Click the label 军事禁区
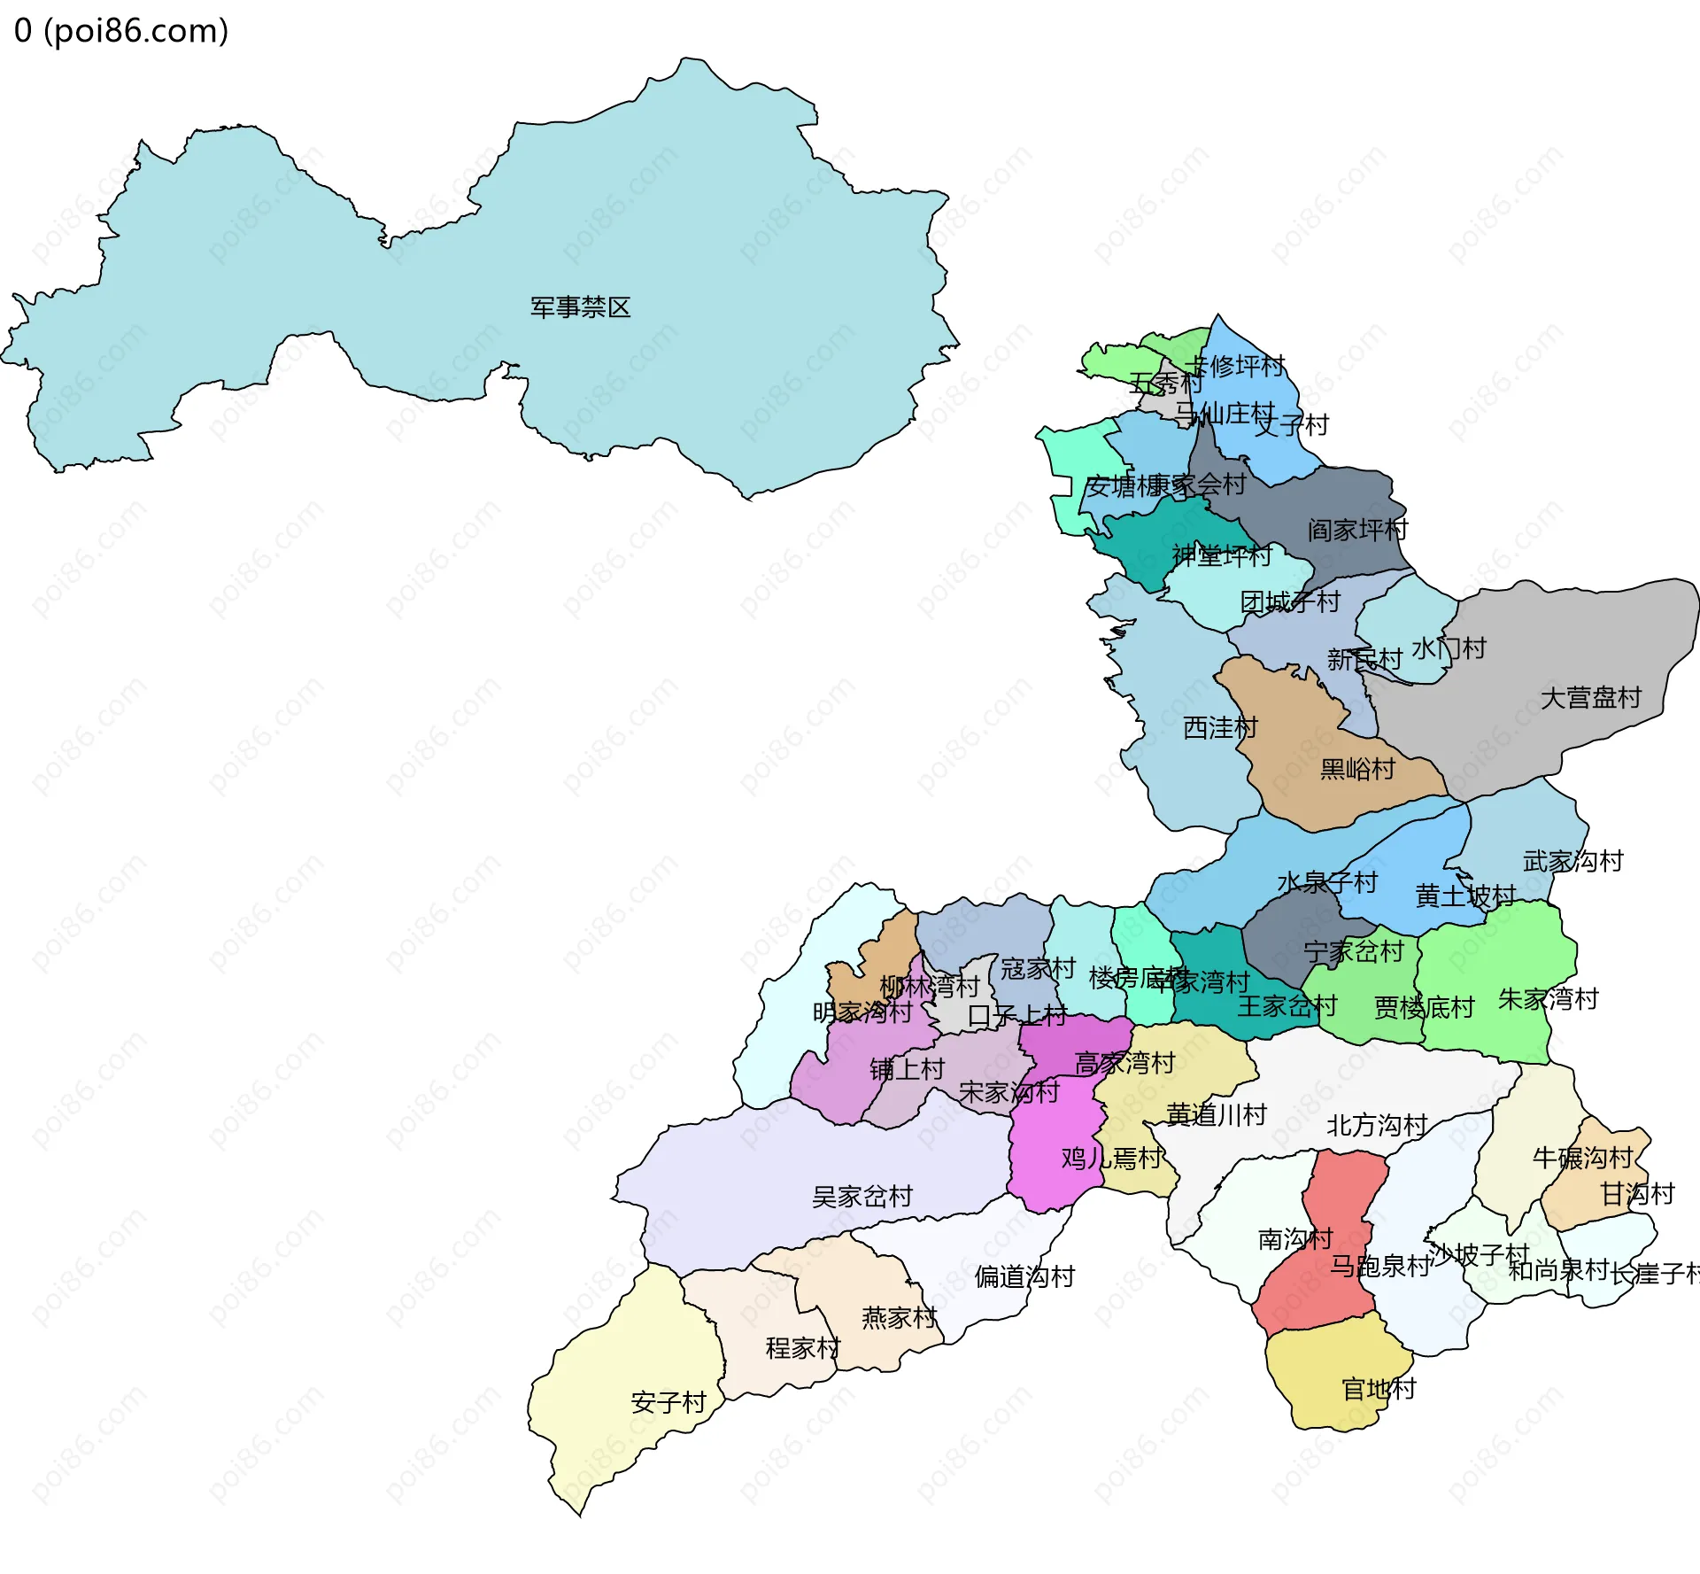pos(580,307)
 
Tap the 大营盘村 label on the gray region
pos(1590,698)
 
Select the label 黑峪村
pos(1357,769)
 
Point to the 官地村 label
pos(1379,1389)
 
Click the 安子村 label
pos(668,1402)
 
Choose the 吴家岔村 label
pos(862,1197)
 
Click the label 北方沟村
pos(1377,1125)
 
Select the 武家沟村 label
pos(1572,861)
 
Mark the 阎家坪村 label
pos(1357,530)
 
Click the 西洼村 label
pos(1220,728)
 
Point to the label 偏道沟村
pos(1024,1276)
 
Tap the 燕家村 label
pos(899,1318)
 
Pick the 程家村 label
pos(803,1348)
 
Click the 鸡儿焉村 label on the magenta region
pos(1111,1158)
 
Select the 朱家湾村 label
pos(1548,999)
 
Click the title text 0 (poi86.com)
pos(121,31)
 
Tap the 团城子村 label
pos(1290,602)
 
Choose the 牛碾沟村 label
pos(1582,1158)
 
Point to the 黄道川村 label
pos(1216,1114)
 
